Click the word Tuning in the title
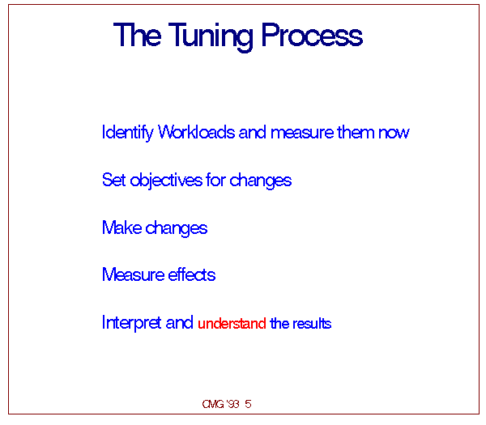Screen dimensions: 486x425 [x=211, y=36]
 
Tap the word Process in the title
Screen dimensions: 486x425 [x=312, y=34]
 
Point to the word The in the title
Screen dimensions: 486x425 [x=138, y=34]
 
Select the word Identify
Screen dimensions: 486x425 [x=127, y=133]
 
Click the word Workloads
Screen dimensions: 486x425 [x=197, y=132]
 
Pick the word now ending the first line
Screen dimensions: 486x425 [x=394, y=134]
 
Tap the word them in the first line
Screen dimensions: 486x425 [x=356, y=132]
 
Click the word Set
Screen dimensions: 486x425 [x=113, y=180]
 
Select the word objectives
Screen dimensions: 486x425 [x=166, y=181]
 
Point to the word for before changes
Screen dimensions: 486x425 [x=215, y=180]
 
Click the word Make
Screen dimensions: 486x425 [x=122, y=227]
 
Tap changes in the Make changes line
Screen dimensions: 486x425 [x=177, y=228]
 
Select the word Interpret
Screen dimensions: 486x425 [x=132, y=323]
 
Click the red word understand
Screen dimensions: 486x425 [x=232, y=324]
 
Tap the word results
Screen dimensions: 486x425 [x=312, y=324]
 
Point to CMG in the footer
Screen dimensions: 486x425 [x=213, y=404]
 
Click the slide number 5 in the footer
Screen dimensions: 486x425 [x=248, y=404]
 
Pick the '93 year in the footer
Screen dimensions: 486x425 [x=232, y=404]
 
